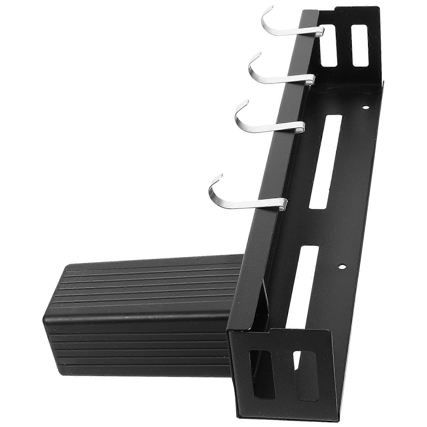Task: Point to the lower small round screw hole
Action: [341, 266]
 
